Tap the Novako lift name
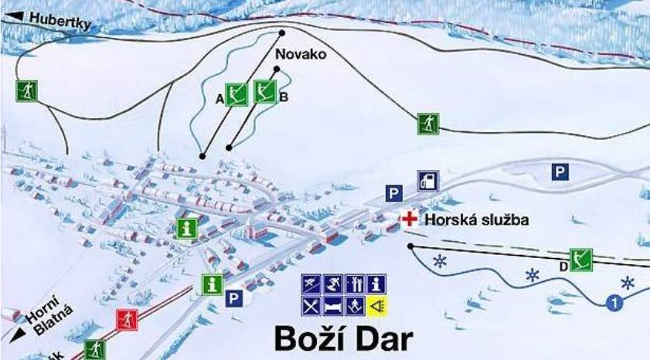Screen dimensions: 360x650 301,55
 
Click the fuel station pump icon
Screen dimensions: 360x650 428,181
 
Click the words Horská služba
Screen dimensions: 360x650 476,220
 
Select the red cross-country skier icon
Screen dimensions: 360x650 127,318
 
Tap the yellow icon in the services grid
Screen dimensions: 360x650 376,305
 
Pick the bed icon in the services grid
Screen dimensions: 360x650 332,305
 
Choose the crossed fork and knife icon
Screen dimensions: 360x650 311,305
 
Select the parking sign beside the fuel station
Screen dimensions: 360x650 395,193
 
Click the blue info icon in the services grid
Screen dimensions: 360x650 376,284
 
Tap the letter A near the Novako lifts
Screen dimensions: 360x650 220,98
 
